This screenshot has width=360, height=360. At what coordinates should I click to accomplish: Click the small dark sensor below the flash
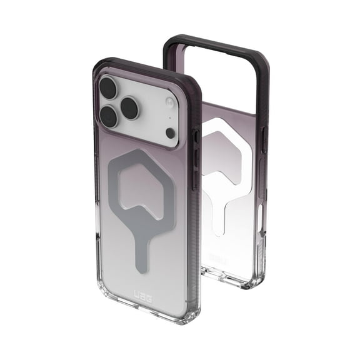[171, 132]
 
